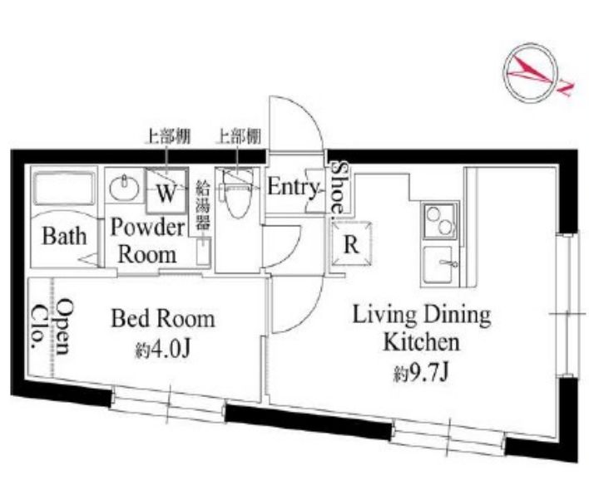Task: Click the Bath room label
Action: [64, 236]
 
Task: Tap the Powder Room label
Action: [147, 241]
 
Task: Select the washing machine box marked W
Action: [166, 191]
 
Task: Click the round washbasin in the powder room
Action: [124, 188]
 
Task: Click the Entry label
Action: [293, 187]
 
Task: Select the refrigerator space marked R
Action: [351, 244]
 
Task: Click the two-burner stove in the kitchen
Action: [440, 222]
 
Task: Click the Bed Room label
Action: [163, 319]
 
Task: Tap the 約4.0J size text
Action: [162, 350]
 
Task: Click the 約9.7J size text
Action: [421, 374]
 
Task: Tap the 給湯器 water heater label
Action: [203, 204]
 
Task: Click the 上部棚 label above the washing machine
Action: [168, 136]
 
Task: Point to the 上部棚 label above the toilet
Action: [238, 136]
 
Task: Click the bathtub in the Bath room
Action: [64, 189]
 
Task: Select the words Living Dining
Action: [422, 315]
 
